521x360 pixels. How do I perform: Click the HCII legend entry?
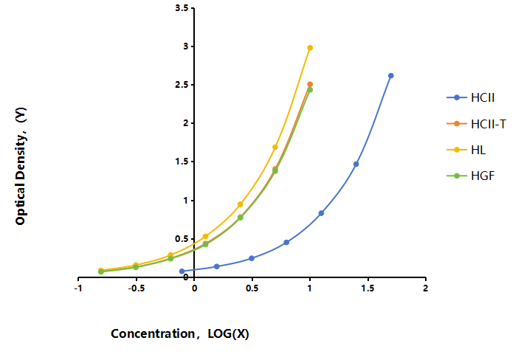[471, 97]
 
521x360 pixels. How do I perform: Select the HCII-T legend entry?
[476, 124]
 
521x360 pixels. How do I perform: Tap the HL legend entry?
[466, 150]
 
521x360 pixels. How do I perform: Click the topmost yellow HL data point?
[310, 48]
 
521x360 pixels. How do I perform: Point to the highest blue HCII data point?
[391, 76]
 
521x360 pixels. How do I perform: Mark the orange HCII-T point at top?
[310, 84]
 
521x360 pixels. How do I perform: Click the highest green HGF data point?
[310, 90]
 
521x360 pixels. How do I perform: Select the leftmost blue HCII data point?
[182, 271]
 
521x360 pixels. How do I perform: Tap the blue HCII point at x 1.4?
[356, 164]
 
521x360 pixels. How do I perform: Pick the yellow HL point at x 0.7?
[275, 147]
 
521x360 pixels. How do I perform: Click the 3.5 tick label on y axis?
[182, 8]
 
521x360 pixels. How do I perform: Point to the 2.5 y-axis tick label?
[182, 85]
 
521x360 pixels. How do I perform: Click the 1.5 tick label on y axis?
[182, 162]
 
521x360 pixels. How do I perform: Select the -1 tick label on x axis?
[78, 288]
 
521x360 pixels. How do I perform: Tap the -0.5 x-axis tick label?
[137, 288]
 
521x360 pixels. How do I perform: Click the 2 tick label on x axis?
[425, 288]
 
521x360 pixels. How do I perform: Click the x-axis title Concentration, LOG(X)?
[180, 333]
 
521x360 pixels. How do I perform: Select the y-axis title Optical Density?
[21, 166]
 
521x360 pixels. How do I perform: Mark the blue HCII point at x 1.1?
[321, 213]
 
